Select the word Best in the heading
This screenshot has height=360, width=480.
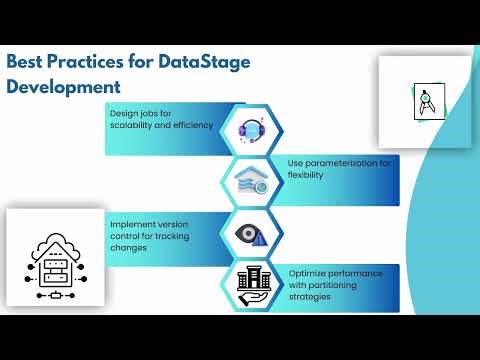28,62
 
